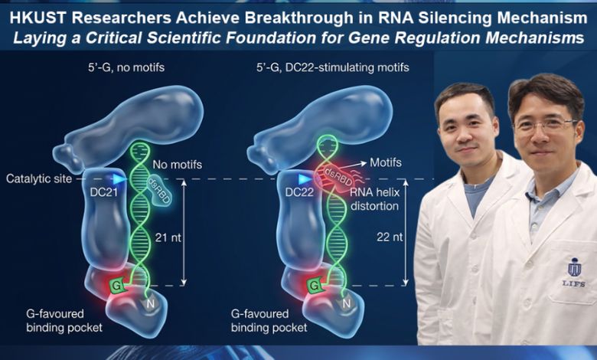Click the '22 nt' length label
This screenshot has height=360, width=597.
click(392, 237)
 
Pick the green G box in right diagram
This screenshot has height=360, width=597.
click(314, 286)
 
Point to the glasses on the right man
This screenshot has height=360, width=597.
click(544, 123)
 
